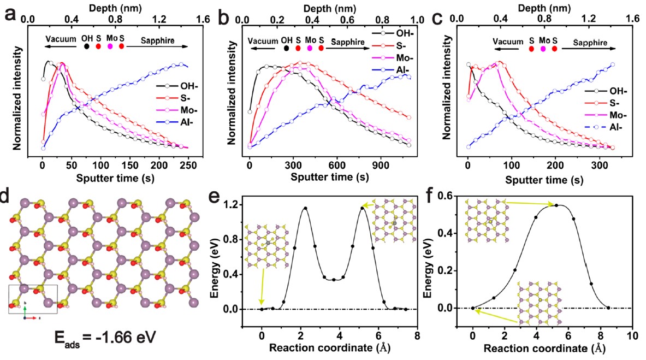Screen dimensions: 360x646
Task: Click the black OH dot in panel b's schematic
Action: tap(287, 48)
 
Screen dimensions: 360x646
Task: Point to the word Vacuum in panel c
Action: tap(505, 41)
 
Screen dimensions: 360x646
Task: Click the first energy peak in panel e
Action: tap(305, 208)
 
